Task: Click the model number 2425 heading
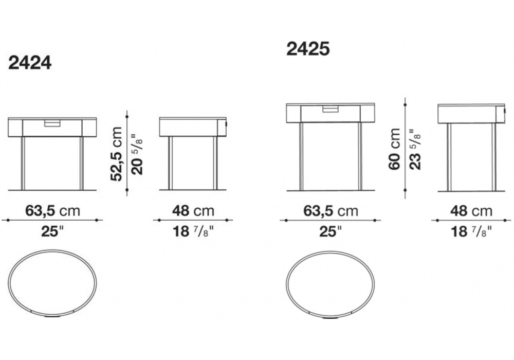(x=308, y=49)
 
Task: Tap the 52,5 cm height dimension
(x=116, y=154)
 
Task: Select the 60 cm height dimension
(x=394, y=149)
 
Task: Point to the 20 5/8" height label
(x=137, y=154)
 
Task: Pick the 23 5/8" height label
(x=415, y=149)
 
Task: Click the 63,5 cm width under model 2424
(x=53, y=211)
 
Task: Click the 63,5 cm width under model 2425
(x=331, y=211)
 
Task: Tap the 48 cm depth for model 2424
(x=193, y=211)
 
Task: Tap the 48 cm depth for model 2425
(x=471, y=211)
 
